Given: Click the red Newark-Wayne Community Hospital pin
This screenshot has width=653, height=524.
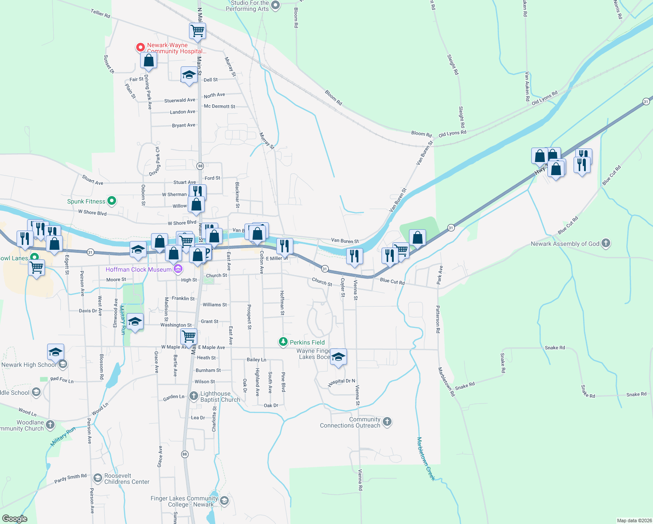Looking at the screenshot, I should [140, 47].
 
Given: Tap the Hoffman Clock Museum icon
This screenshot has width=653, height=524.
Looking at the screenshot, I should [178, 269].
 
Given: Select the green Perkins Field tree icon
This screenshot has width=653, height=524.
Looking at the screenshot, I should [283, 342].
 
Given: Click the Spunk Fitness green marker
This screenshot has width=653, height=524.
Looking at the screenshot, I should [112, 201].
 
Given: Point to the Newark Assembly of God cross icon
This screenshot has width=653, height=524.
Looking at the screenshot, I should [605, 243].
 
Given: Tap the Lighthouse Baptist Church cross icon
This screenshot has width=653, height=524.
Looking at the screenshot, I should [194, 396].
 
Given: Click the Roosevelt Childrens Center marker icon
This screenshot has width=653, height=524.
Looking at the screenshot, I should [97, 479].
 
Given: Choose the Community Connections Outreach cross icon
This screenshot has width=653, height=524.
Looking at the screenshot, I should [387, 422].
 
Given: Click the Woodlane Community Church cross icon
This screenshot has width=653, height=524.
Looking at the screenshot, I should [50, 424].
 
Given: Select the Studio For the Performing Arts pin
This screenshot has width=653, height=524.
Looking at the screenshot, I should [275, 6].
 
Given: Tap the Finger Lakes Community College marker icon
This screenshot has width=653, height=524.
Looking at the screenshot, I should [224, 500].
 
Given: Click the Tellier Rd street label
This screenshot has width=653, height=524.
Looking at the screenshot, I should [100, 14].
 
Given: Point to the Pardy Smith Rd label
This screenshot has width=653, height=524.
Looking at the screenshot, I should [70, 479].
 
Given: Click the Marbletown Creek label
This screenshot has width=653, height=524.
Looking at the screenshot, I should [426, 458].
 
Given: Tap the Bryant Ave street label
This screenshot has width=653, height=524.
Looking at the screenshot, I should [184, 125].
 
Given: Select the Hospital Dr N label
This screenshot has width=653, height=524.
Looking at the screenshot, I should [341, 382].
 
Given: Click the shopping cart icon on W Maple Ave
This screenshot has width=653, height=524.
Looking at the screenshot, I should [189, 337].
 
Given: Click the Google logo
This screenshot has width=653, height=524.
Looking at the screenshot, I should [15, 518].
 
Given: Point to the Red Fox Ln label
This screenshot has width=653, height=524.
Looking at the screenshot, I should [62, 380].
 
